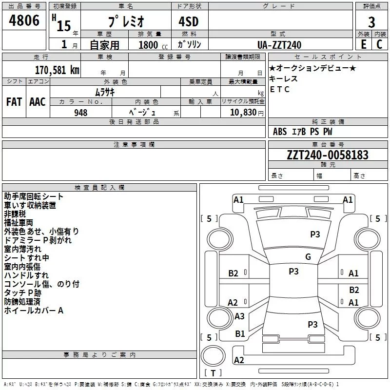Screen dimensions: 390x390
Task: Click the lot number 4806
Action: point(24,20)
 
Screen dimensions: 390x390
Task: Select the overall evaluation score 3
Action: point(371,22)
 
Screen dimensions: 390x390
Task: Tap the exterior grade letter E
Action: point(363,44)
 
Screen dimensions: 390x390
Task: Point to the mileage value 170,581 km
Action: point(57,70)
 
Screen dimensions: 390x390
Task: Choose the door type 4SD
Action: point(189,22)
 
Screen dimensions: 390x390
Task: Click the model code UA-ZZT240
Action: point(279,45)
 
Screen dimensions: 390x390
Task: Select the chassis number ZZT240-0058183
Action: point(328,155)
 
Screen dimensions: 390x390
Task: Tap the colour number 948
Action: point(81,113)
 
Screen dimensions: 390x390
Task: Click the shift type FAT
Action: point(14,102)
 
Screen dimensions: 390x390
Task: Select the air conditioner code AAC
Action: point(38,102)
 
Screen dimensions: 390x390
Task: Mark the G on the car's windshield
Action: point(308,257)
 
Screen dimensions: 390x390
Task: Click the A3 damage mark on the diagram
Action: point(239,316)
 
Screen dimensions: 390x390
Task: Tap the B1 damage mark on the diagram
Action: point(240,334)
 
